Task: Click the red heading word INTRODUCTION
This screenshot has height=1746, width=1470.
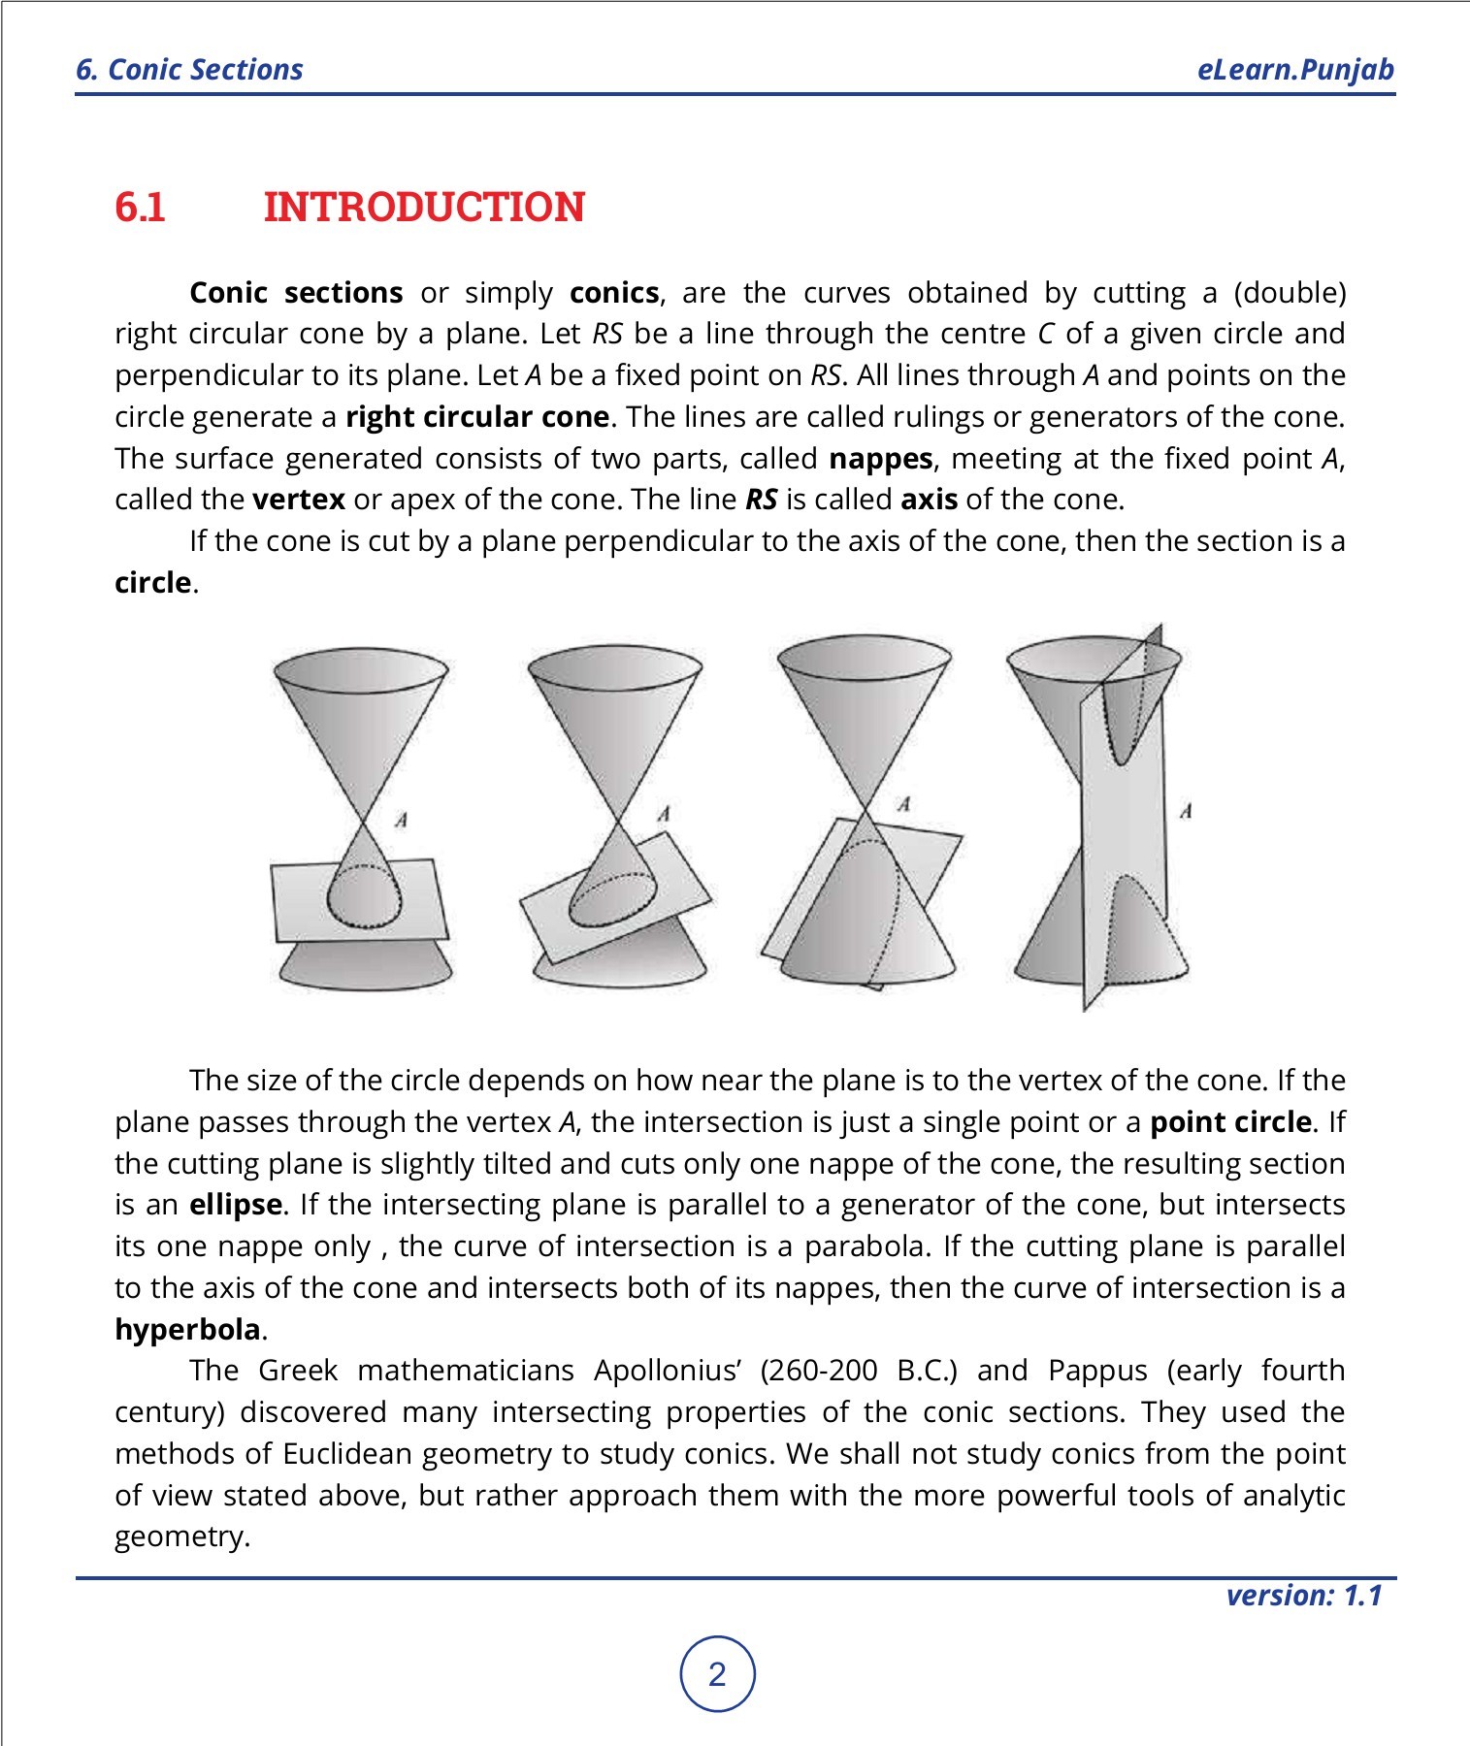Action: tap(424, 208)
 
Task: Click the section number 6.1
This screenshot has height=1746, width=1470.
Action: tap(140, 208)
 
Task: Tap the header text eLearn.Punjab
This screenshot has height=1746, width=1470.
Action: tap(1295, 70)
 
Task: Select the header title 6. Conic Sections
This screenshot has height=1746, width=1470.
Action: tap(190, 70)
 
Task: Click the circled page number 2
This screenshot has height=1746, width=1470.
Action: tap(717, 1674)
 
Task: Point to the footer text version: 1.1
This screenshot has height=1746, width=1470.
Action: tap(1303, 1595)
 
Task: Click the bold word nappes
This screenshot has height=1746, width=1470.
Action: tap(880, 458)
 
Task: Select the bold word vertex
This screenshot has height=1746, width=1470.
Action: tap(298, 500)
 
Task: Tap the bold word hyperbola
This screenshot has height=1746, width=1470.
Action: tap(187, 1329)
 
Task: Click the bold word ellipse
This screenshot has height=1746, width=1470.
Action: tap(236, 1205)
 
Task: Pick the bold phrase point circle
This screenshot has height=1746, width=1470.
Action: tap(1230, 1122)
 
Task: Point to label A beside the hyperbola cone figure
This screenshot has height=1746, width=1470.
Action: tap(1185, 811)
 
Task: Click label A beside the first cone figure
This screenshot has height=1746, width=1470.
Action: tap(401, 821)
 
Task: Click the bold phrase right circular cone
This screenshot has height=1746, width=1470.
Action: tap(477, 417)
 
